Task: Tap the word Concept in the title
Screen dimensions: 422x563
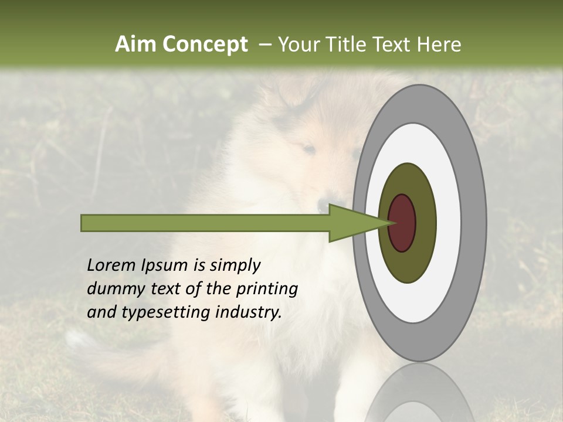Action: (x=205, y=45)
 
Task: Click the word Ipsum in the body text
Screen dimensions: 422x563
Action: (x=167, y=266)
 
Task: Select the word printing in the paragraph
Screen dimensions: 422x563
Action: (x=267, y=289)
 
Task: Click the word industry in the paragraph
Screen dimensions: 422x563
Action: (x=249, y=312)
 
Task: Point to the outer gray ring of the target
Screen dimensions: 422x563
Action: (x=476, y=223)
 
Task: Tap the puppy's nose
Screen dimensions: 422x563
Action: (x=323, y=206)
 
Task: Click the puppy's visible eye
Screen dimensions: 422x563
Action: (x=308, y=150)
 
